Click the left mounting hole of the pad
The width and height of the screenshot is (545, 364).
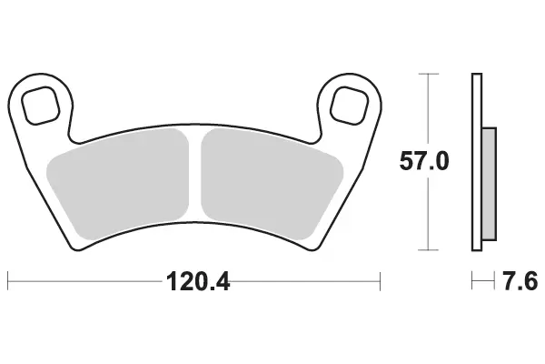40,106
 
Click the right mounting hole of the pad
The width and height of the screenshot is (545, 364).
350,106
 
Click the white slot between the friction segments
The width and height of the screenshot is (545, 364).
195,174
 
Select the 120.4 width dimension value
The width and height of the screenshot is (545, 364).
198,282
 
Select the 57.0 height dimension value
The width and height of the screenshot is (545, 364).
424,161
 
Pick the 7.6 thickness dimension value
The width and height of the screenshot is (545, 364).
520,281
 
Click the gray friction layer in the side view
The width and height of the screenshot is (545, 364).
489,184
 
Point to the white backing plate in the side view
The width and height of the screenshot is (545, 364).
477,162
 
